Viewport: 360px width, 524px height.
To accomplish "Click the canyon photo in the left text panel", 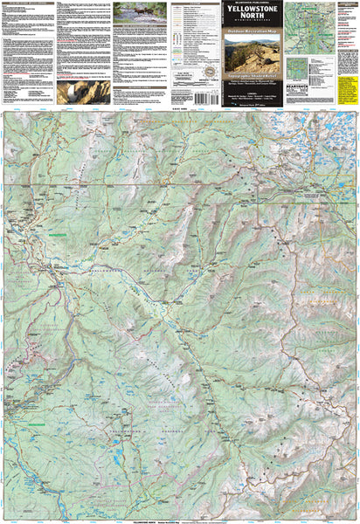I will (83, 92).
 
